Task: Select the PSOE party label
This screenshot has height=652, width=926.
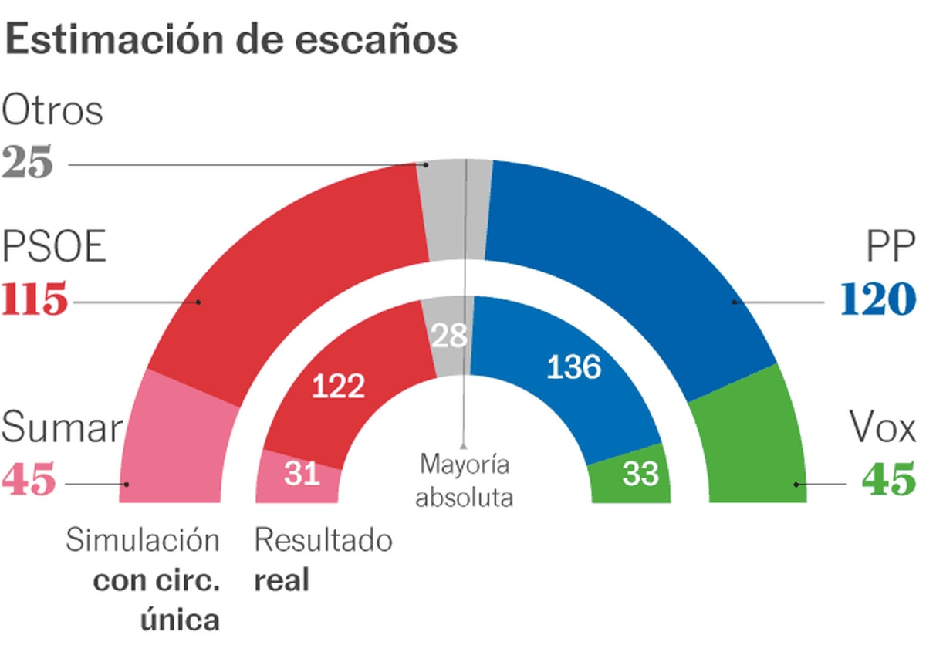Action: click(54, 248)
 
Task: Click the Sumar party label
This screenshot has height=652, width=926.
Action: click(62, 427)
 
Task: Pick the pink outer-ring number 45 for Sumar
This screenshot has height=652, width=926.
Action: click(29, 481)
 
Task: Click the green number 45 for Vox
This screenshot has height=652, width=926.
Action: click(888, 481)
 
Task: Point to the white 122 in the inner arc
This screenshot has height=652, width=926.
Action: click(338, 386)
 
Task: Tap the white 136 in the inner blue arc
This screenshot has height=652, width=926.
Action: click(573, 367)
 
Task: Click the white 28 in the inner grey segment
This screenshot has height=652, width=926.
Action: click(450, 336)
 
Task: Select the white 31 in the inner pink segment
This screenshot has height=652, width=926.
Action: click(301, 474)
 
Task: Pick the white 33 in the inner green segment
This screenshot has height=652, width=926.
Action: click(640, 474)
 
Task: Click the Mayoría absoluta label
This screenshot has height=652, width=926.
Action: click(465, 481)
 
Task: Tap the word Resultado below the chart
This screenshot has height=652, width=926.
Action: click(323, 541)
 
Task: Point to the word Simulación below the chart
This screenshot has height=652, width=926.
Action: click(143, 541)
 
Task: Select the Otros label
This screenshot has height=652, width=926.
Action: click(52, 111)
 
